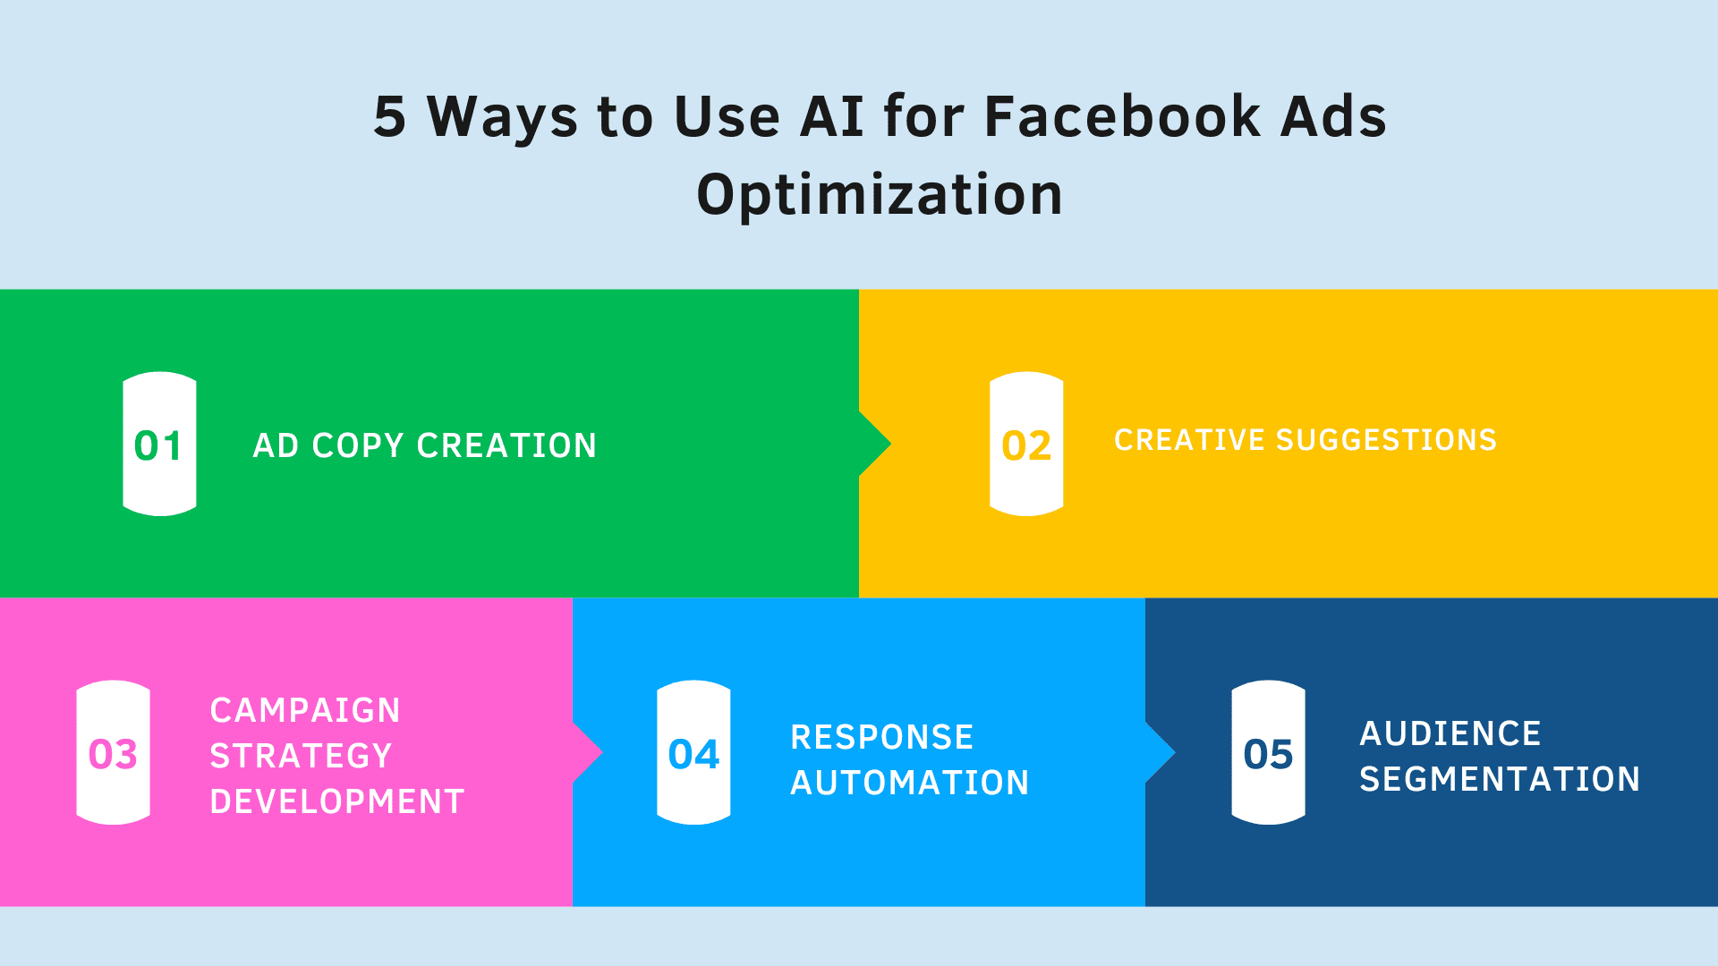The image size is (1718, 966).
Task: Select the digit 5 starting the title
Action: [x=389, y=117]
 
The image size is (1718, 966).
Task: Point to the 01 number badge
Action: [x=159, y=444]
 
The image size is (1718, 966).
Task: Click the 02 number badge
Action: [x=1026, y=444]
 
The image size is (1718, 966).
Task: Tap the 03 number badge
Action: [x=113, y=752]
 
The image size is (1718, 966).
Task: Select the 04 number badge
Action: [x=693, y=752]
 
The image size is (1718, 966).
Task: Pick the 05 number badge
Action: [x=1268, y=752]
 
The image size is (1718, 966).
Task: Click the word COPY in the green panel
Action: [x=358, y=445]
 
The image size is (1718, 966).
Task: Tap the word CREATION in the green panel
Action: [x=506, y=445]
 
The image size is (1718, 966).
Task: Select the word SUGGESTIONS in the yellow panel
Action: [x=1386, y=440]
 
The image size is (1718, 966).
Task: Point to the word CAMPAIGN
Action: [x=305, y=710]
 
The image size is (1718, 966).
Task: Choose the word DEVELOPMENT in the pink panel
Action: [x=337, y=801]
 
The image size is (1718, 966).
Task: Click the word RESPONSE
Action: [x=882, y=737]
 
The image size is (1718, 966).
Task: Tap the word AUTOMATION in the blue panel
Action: [x=910, y=783]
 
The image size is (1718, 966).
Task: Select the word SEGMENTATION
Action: [x=1500, y=779]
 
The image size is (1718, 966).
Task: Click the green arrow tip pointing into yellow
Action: [x=891, y=444]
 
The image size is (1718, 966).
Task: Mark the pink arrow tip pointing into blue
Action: [x=603, y=752]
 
